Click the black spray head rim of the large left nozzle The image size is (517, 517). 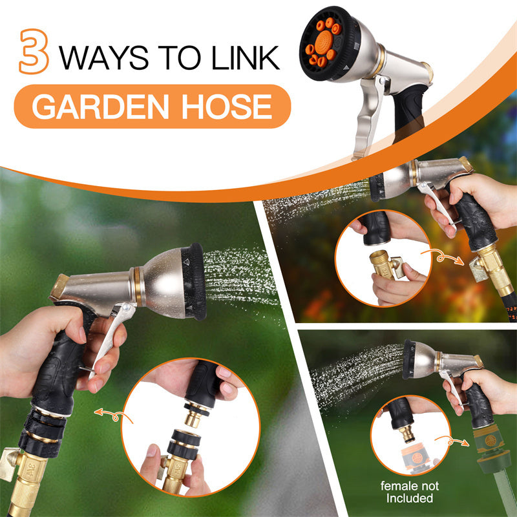point(196,282)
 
